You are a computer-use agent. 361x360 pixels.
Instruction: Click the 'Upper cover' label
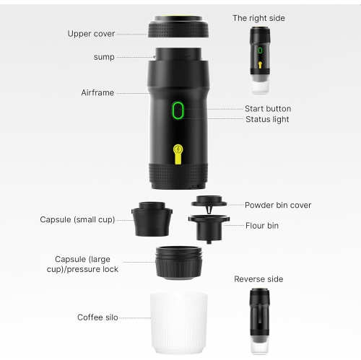point(91,33)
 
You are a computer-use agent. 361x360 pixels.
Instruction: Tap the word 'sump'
point(103,56)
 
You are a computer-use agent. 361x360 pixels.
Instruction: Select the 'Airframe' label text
point(97,93)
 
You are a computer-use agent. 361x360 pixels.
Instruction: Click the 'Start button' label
point(268,109)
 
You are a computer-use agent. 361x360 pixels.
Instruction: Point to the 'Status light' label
point(267,120)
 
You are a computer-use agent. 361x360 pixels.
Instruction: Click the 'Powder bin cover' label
point(278,205)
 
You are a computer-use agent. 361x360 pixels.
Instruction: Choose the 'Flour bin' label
point(261,226)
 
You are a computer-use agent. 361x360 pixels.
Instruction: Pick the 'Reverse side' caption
point(258,278)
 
